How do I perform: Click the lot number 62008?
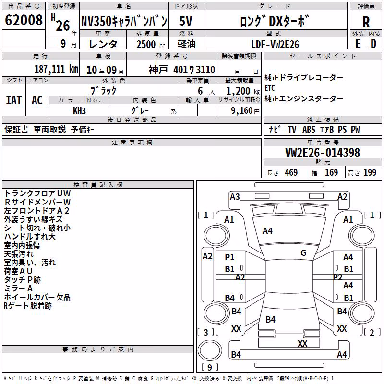(24, 20)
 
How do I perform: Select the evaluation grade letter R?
(366, 22)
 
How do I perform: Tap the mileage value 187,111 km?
(56, 69)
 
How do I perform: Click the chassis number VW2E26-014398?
(323, 152)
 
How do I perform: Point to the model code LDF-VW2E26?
(275, 44)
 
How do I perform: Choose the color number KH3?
(79, 111)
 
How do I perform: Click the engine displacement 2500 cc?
(151, 44)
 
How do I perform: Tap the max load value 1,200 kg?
(243, 91)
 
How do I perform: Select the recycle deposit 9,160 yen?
(245, 111)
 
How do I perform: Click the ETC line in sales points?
(270, 88)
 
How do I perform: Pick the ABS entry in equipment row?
(309, 130)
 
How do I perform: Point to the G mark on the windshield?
(303, 252)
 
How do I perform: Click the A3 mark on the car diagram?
(235, 197)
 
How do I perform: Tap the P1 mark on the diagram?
(229, 257)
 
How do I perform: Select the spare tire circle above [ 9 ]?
(210, 350)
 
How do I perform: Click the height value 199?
(370, 172)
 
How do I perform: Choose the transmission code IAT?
(14, 100)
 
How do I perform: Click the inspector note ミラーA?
(18, 288)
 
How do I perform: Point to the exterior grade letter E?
(358, 44)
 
